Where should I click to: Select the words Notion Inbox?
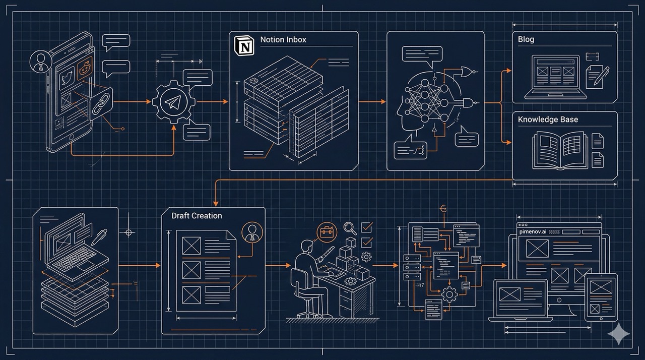coord(283,39)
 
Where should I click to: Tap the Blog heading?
coord(526,39)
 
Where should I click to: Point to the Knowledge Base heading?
coord(548,119)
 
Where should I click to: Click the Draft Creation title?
coord(197,215)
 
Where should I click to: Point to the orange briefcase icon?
coord(327,232)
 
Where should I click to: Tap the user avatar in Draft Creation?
coord(252,232)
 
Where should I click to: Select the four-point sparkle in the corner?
coord(619,334)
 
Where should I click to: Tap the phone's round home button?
coord(71,137)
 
